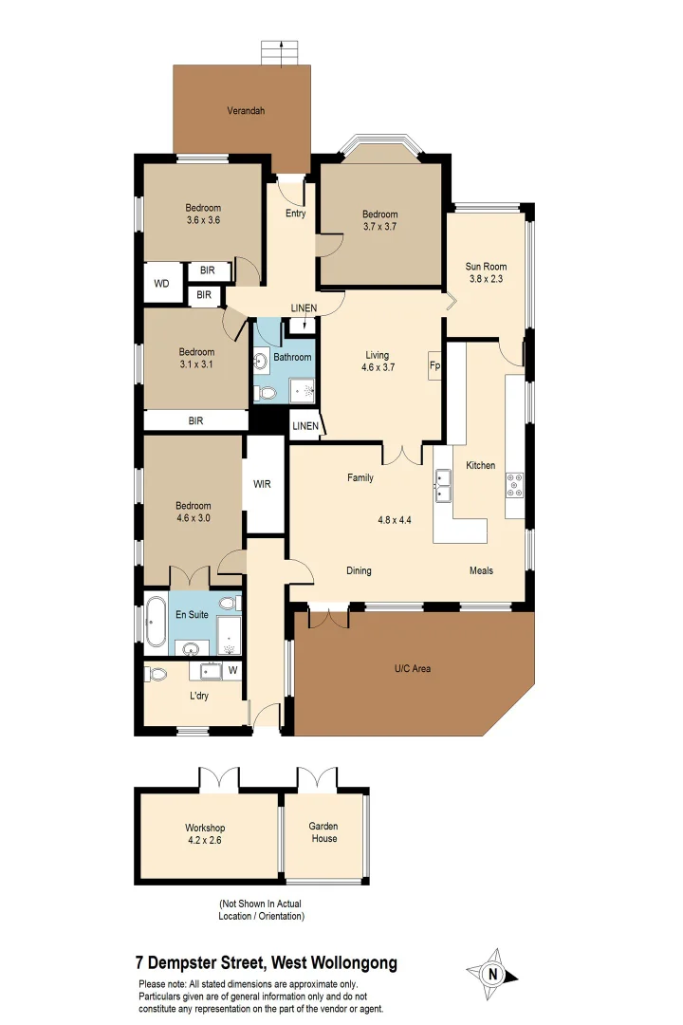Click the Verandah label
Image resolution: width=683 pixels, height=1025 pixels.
[246, 111]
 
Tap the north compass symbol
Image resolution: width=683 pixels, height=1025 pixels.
[491, 973]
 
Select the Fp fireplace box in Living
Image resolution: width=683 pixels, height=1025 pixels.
[434, 365]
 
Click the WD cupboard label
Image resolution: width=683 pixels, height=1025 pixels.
[161, 283]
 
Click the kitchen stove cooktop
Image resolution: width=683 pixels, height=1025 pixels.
[515, 485]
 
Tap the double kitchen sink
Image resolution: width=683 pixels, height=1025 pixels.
[443, 486]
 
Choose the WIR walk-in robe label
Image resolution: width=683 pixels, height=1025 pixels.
[263, 484]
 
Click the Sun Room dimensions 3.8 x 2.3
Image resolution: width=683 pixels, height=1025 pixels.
[486, 279]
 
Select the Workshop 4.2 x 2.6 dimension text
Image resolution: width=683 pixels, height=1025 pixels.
[205, 840]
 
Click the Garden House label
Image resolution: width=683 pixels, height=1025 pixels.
[323, 832]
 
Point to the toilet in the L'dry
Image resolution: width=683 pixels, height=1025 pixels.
[157, 674]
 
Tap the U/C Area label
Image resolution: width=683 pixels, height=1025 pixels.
[413, 669]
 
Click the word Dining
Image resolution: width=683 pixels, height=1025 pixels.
[359, 570]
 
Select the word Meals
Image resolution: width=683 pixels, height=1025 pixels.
[482, 570]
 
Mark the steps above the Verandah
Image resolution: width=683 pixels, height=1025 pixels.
[273, 53]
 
